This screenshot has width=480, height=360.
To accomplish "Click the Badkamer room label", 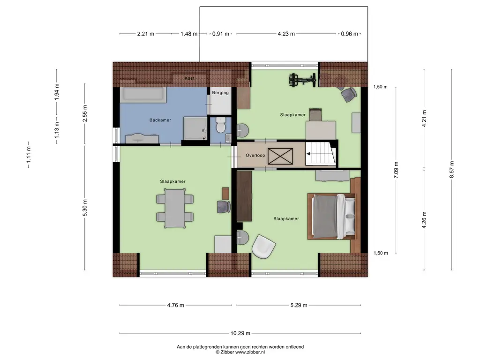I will pyautogui.click(x=160, y=120).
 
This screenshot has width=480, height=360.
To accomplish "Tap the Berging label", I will pyautogui.click(x=220, y=93).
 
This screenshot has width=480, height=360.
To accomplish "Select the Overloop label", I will pyautogui.click(x=255, y=156).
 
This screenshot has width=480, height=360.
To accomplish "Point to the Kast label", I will pyautogui.click(x=189, y=78).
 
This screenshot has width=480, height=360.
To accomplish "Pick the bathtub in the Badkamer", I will pyautogui.click(x=143, y=95).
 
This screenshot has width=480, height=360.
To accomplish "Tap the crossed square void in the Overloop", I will pyautogui.click(x=280, y=156).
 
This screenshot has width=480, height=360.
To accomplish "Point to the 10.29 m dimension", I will pyautogui.click(x=240, y=333).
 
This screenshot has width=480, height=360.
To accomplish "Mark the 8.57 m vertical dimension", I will pyautogui.click(x=452, y=170).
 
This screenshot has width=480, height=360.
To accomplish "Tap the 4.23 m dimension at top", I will pyautogui.click(x=286, y=34).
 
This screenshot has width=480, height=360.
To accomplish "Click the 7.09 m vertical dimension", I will pyautogui.click(x=396, y=170).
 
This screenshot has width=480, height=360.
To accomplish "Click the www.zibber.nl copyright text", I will pyautogui.click(x=240, y=352).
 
